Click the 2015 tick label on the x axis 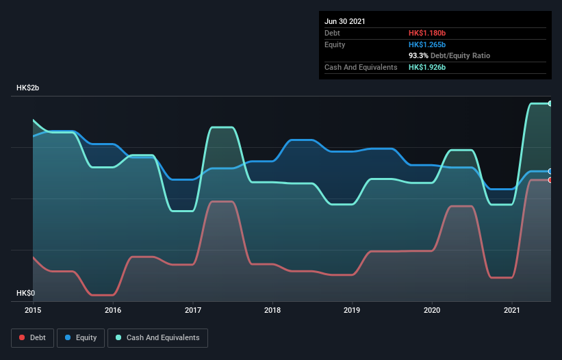33,310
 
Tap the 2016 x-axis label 113,310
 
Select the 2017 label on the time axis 193,310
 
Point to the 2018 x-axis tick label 272,310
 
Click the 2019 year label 353,310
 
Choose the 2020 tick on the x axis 432,310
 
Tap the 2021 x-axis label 512,310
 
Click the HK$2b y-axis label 28,88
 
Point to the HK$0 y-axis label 25,294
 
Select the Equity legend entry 81,337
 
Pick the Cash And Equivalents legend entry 157,337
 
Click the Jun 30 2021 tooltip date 345,21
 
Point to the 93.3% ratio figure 419,55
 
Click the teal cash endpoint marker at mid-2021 550,103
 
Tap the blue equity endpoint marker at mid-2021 550,171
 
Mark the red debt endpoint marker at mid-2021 550,180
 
